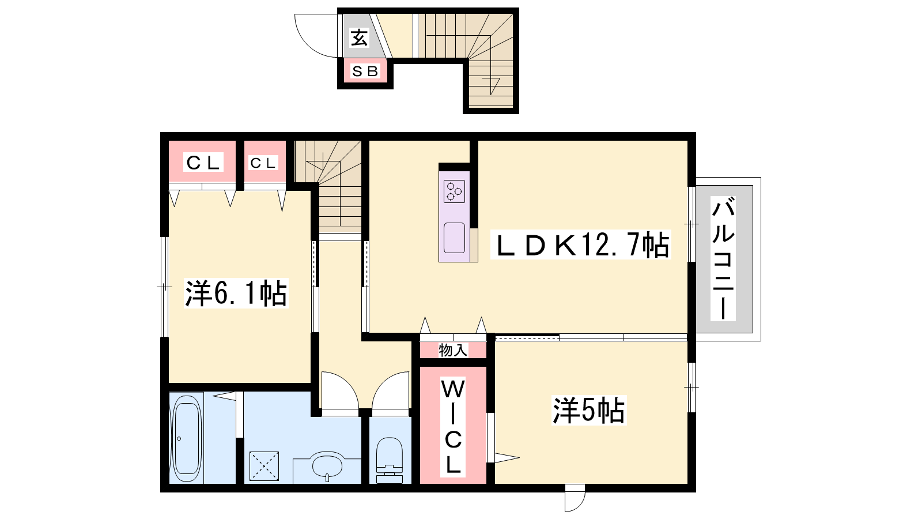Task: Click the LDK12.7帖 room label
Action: [581, 245]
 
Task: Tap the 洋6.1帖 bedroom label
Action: [236, 294]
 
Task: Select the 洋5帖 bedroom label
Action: [588, 410]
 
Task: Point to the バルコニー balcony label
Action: [723, 259]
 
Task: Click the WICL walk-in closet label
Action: [453, 427]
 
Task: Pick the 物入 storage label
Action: [453, 350]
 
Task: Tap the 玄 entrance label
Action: [359, 37]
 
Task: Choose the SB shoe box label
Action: [365, 72]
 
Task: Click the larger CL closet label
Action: [203, 163]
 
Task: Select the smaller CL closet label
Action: [263, 163]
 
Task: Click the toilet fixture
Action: [390, 460]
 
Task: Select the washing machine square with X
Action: [264, 466]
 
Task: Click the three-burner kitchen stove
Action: [455, 191]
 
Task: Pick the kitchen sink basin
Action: [455, 238]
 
